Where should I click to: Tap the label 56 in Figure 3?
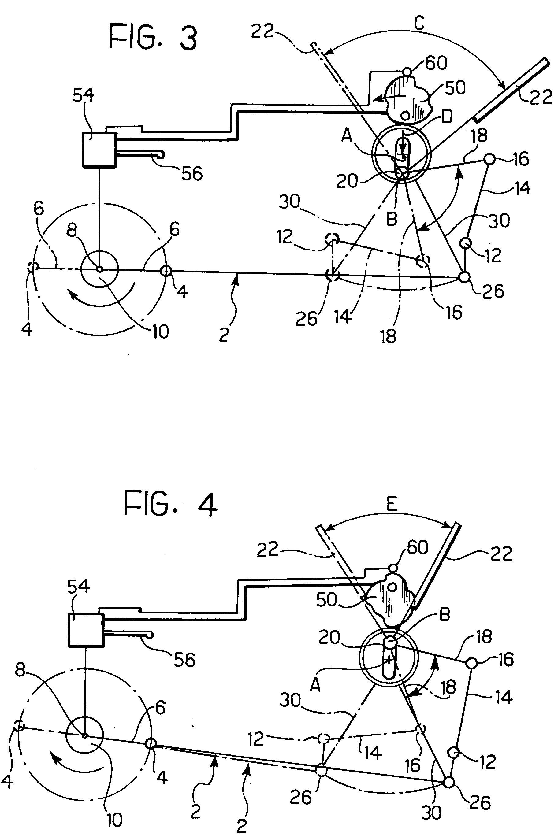click(x=192, y=174)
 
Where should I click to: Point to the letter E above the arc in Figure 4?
click(x=392, y=504)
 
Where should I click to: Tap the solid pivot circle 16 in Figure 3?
click(x=490, y=159)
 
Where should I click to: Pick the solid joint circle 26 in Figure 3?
click(x=464, y=276)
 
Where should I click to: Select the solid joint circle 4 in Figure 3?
click(x=166, y=271)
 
